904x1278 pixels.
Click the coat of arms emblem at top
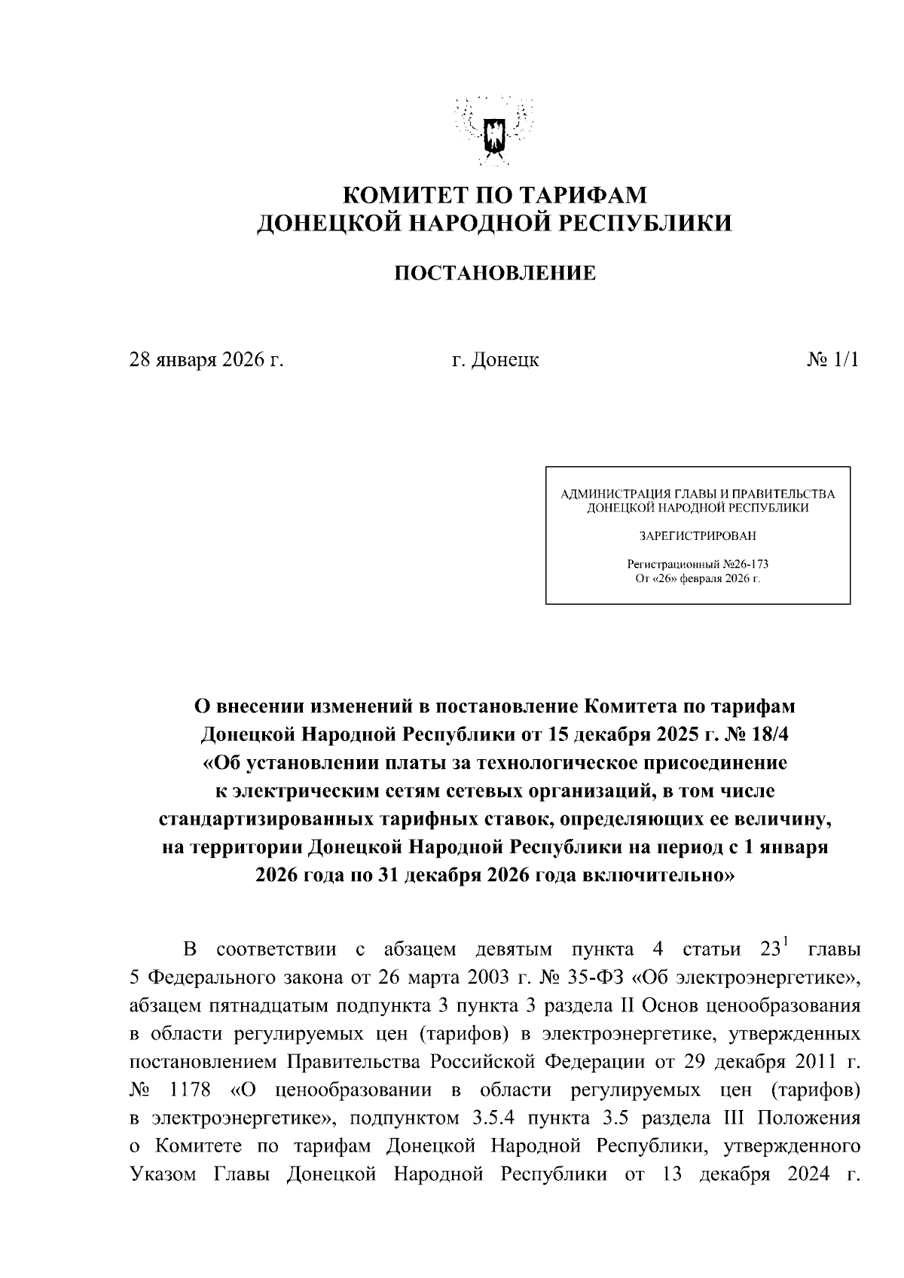[494, 132]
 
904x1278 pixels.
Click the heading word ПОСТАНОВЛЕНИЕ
[495, 273]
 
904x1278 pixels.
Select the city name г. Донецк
[495, 360]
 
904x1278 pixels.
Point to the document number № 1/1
[832, 360]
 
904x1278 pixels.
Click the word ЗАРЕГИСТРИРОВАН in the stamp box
[698, 537]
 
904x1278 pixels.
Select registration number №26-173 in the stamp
[745, 564]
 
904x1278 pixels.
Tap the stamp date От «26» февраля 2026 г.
[698, 578]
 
